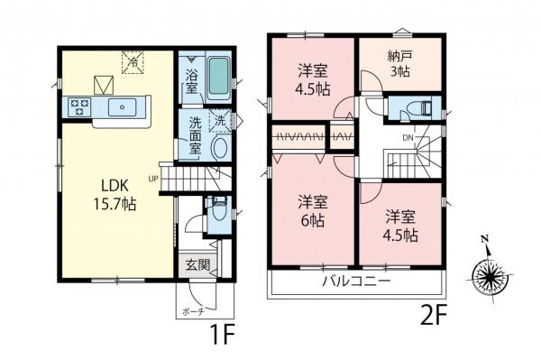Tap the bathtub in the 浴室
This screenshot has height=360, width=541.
coord(217,78)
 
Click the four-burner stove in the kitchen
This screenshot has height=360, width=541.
coord(78,107)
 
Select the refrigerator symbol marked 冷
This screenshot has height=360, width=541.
coord(132,62)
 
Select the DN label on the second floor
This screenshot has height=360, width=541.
coord(407,137)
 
